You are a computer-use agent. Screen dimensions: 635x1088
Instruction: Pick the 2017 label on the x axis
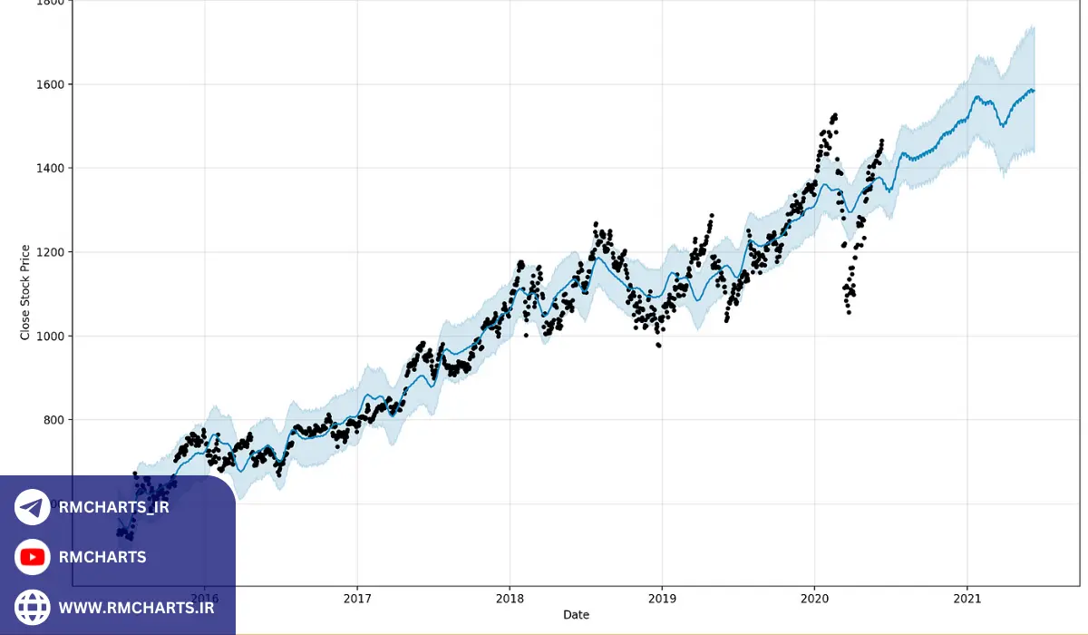click(x=357, y=599)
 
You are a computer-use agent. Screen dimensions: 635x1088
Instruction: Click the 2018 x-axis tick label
click(x=510, y=599)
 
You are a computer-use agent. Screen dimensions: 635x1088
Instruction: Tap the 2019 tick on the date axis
click(x=662, y=599)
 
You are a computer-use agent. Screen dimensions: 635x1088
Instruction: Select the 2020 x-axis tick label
click(x=814, y=599)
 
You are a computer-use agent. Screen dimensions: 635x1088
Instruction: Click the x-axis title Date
click(x=576, y=615)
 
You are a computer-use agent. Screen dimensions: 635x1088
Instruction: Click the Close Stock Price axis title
click(x=25, y=292)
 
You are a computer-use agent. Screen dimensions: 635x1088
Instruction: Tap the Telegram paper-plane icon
click(x=33, y=507)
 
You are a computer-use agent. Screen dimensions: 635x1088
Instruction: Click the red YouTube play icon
click(x=33, y=557)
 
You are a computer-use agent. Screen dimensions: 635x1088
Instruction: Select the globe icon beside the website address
click(x=33, y=606)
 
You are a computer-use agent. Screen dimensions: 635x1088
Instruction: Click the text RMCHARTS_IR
click(x=113, y=507)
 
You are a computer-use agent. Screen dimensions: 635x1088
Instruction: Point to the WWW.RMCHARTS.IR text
click(x=137, y=607)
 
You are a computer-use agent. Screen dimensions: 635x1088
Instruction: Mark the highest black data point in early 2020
click(x=834, y=114)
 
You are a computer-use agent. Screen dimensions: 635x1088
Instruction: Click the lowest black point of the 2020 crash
click(x=849, y=312)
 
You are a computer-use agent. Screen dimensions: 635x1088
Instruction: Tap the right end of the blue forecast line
click(x=1034, y=91)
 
